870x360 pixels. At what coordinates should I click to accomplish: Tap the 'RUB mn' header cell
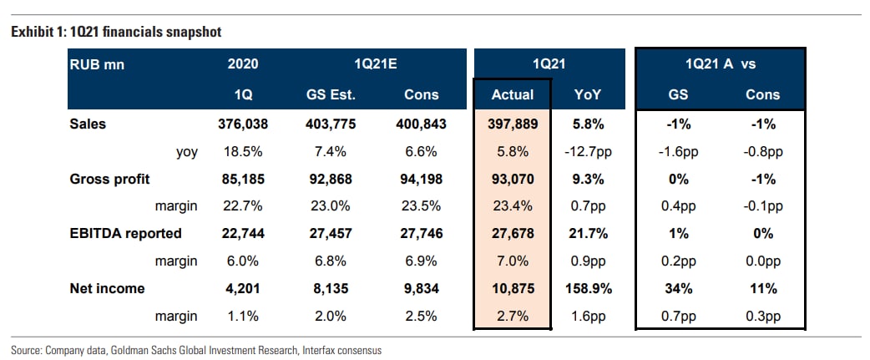pyautogui.click(x=96, y=63)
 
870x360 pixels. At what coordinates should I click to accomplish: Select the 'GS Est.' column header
pyautogui.click(x=333, y=94)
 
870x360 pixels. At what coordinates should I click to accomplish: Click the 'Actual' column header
pyautogui.click(x=513, y=94)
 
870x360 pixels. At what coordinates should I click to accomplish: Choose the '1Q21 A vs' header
pyautogui.click(x=719, y=63)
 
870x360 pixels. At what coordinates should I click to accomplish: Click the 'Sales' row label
pyautogui.click(x=89, y=124)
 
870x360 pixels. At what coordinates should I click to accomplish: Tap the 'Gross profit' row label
pyautogui.click(x=109, y=179)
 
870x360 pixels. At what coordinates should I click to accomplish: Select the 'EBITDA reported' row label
pyautogui.click(x=125, y=233)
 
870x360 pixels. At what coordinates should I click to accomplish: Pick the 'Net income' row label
pyautogui.click(x=108, y=288)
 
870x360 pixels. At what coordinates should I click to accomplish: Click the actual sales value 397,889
pyautogui.click(x=513, y=124)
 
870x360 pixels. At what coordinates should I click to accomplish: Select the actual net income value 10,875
pyautogui.click(x=513, y=288)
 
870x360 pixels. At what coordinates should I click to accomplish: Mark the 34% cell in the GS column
pyautogui.click(x=678, y=288)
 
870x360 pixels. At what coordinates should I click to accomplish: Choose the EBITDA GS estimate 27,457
pyautogui.click(x=333, y=233)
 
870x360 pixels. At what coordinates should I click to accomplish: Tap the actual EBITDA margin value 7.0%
pyautogui.click(x=513, y=261)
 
